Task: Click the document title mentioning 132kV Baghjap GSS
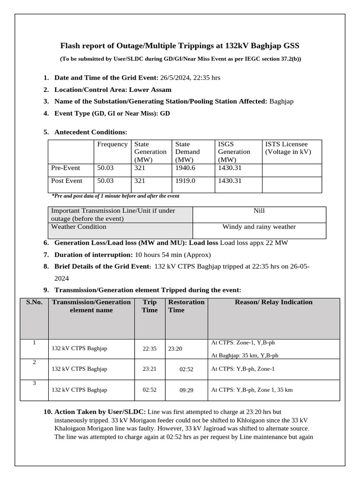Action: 180,45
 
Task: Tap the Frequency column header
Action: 112,144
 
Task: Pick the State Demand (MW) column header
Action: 187,151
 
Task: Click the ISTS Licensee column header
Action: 288,148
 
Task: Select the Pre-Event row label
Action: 65,168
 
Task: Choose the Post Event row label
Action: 67,181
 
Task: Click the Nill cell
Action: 259,211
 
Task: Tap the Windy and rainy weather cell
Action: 259,227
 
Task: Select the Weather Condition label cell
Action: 78,227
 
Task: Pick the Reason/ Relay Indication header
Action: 273,302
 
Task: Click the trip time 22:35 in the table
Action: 150,349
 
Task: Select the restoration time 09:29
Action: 186,390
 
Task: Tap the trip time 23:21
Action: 150,369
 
